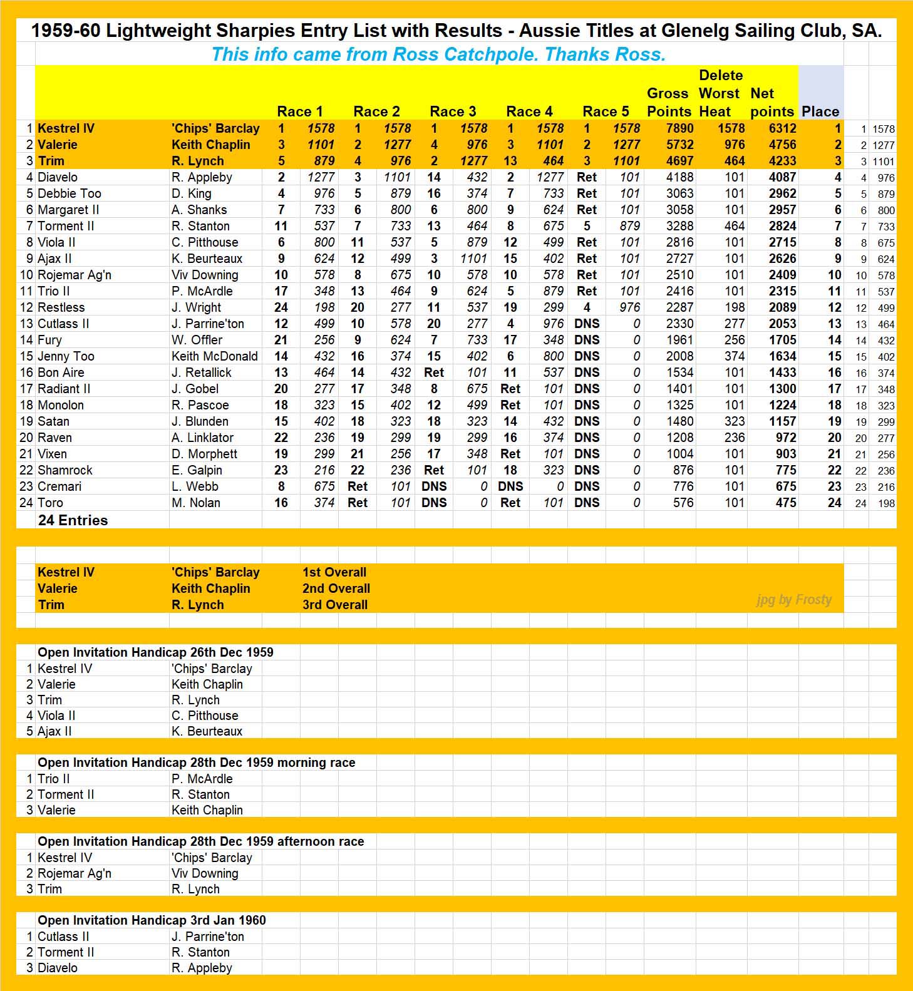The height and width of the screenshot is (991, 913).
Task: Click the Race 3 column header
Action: pos(453,111)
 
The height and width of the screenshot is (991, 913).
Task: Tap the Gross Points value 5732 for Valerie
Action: pos(679,145)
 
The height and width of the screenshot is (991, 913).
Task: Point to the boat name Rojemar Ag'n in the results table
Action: pos(75,275)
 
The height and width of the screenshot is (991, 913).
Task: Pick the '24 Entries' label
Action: pos(73,520)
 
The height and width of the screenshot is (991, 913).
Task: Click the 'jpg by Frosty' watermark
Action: pos(794,600)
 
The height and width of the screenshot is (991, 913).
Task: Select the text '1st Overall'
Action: pos(334,572)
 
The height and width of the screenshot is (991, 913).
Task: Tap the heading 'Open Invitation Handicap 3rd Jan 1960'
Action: pos(152,920)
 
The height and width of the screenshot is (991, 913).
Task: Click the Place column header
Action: pos(820,111)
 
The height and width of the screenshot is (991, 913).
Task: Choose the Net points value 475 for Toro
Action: pos(786,503)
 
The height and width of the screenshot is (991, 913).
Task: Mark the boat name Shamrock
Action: pos(65,470)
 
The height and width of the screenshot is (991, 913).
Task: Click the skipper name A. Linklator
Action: pos(202,438)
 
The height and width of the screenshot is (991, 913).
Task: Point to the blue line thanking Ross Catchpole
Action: pos(438,54)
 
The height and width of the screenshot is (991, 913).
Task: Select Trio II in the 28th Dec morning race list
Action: pos(53,779)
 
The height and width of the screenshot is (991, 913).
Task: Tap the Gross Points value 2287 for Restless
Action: pos(679,307)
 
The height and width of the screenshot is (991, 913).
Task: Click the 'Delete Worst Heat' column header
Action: pos(720,93)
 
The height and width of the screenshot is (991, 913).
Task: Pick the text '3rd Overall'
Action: pos(335,605)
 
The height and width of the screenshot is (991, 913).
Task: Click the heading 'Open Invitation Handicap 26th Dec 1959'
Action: pos(155,652)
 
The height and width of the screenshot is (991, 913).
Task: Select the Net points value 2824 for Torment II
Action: pos(782,226)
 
